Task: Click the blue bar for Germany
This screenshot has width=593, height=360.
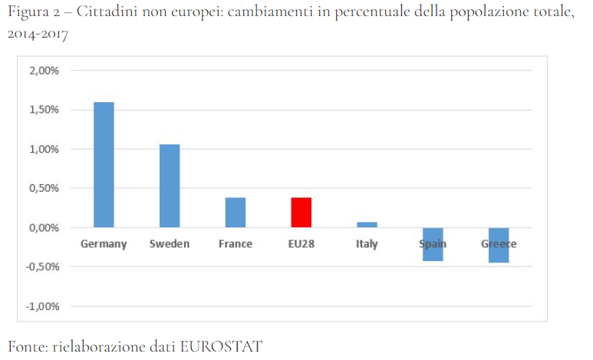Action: [104, 164]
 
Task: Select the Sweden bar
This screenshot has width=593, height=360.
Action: [170, 186]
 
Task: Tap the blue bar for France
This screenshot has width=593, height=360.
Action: [236, 212]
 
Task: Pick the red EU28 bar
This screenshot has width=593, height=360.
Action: [301, 212]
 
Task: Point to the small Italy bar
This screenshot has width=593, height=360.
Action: [367, 224]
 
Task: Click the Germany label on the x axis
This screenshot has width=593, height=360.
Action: [104, 244]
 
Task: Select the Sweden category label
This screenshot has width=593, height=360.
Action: [170, 244]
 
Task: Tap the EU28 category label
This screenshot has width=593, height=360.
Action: [301, 244]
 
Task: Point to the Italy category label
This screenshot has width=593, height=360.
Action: [367, 244]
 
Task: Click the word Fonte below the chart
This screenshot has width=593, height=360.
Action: [26, 346]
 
